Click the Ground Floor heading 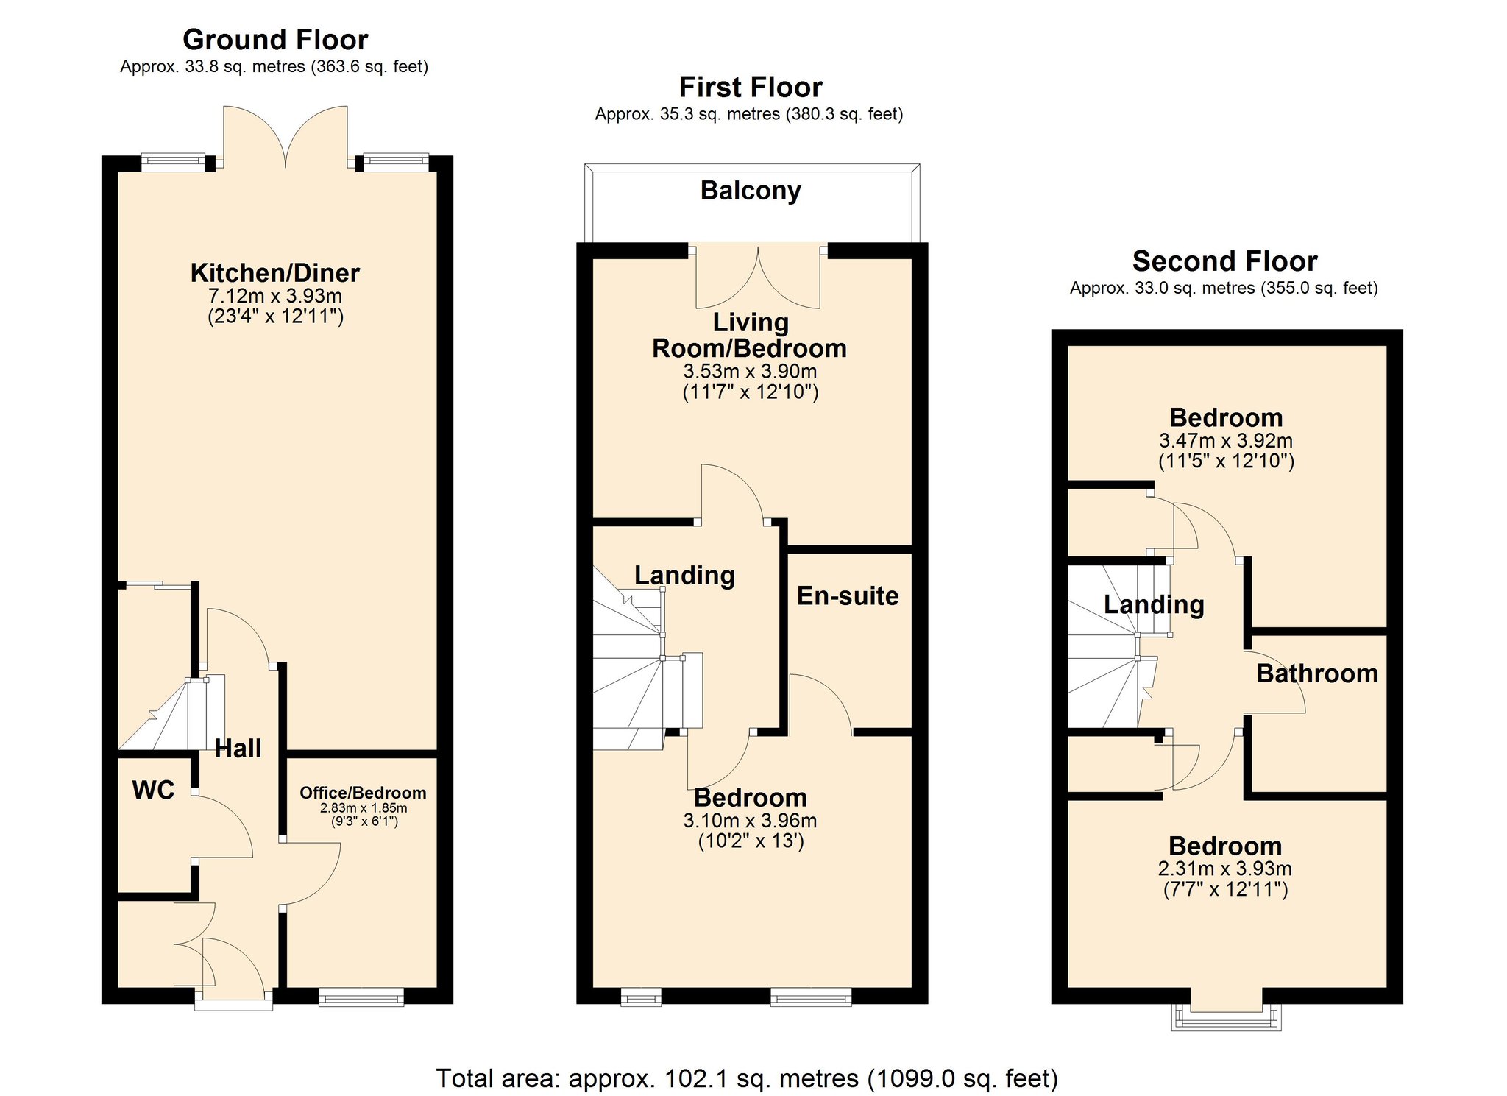(274, 40)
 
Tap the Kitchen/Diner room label (274, 273)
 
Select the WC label (153, 791)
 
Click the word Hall (238, 749)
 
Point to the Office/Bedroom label (363, 793)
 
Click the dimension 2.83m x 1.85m (363, 808)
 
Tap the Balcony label (751, 191)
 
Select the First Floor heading (750, 88)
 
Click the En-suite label (848, 596)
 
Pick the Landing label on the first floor (684, 576)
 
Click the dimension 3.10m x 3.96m (750, 821)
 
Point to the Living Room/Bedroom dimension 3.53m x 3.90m (750, 372)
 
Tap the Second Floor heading (1224, 261)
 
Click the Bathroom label (1316, 673)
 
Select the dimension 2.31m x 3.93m (1224, 869)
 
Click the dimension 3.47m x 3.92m (1225, 441)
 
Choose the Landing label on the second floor (1154, 605)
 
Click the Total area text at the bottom (747, 1078)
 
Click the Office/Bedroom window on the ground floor (361, 998)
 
